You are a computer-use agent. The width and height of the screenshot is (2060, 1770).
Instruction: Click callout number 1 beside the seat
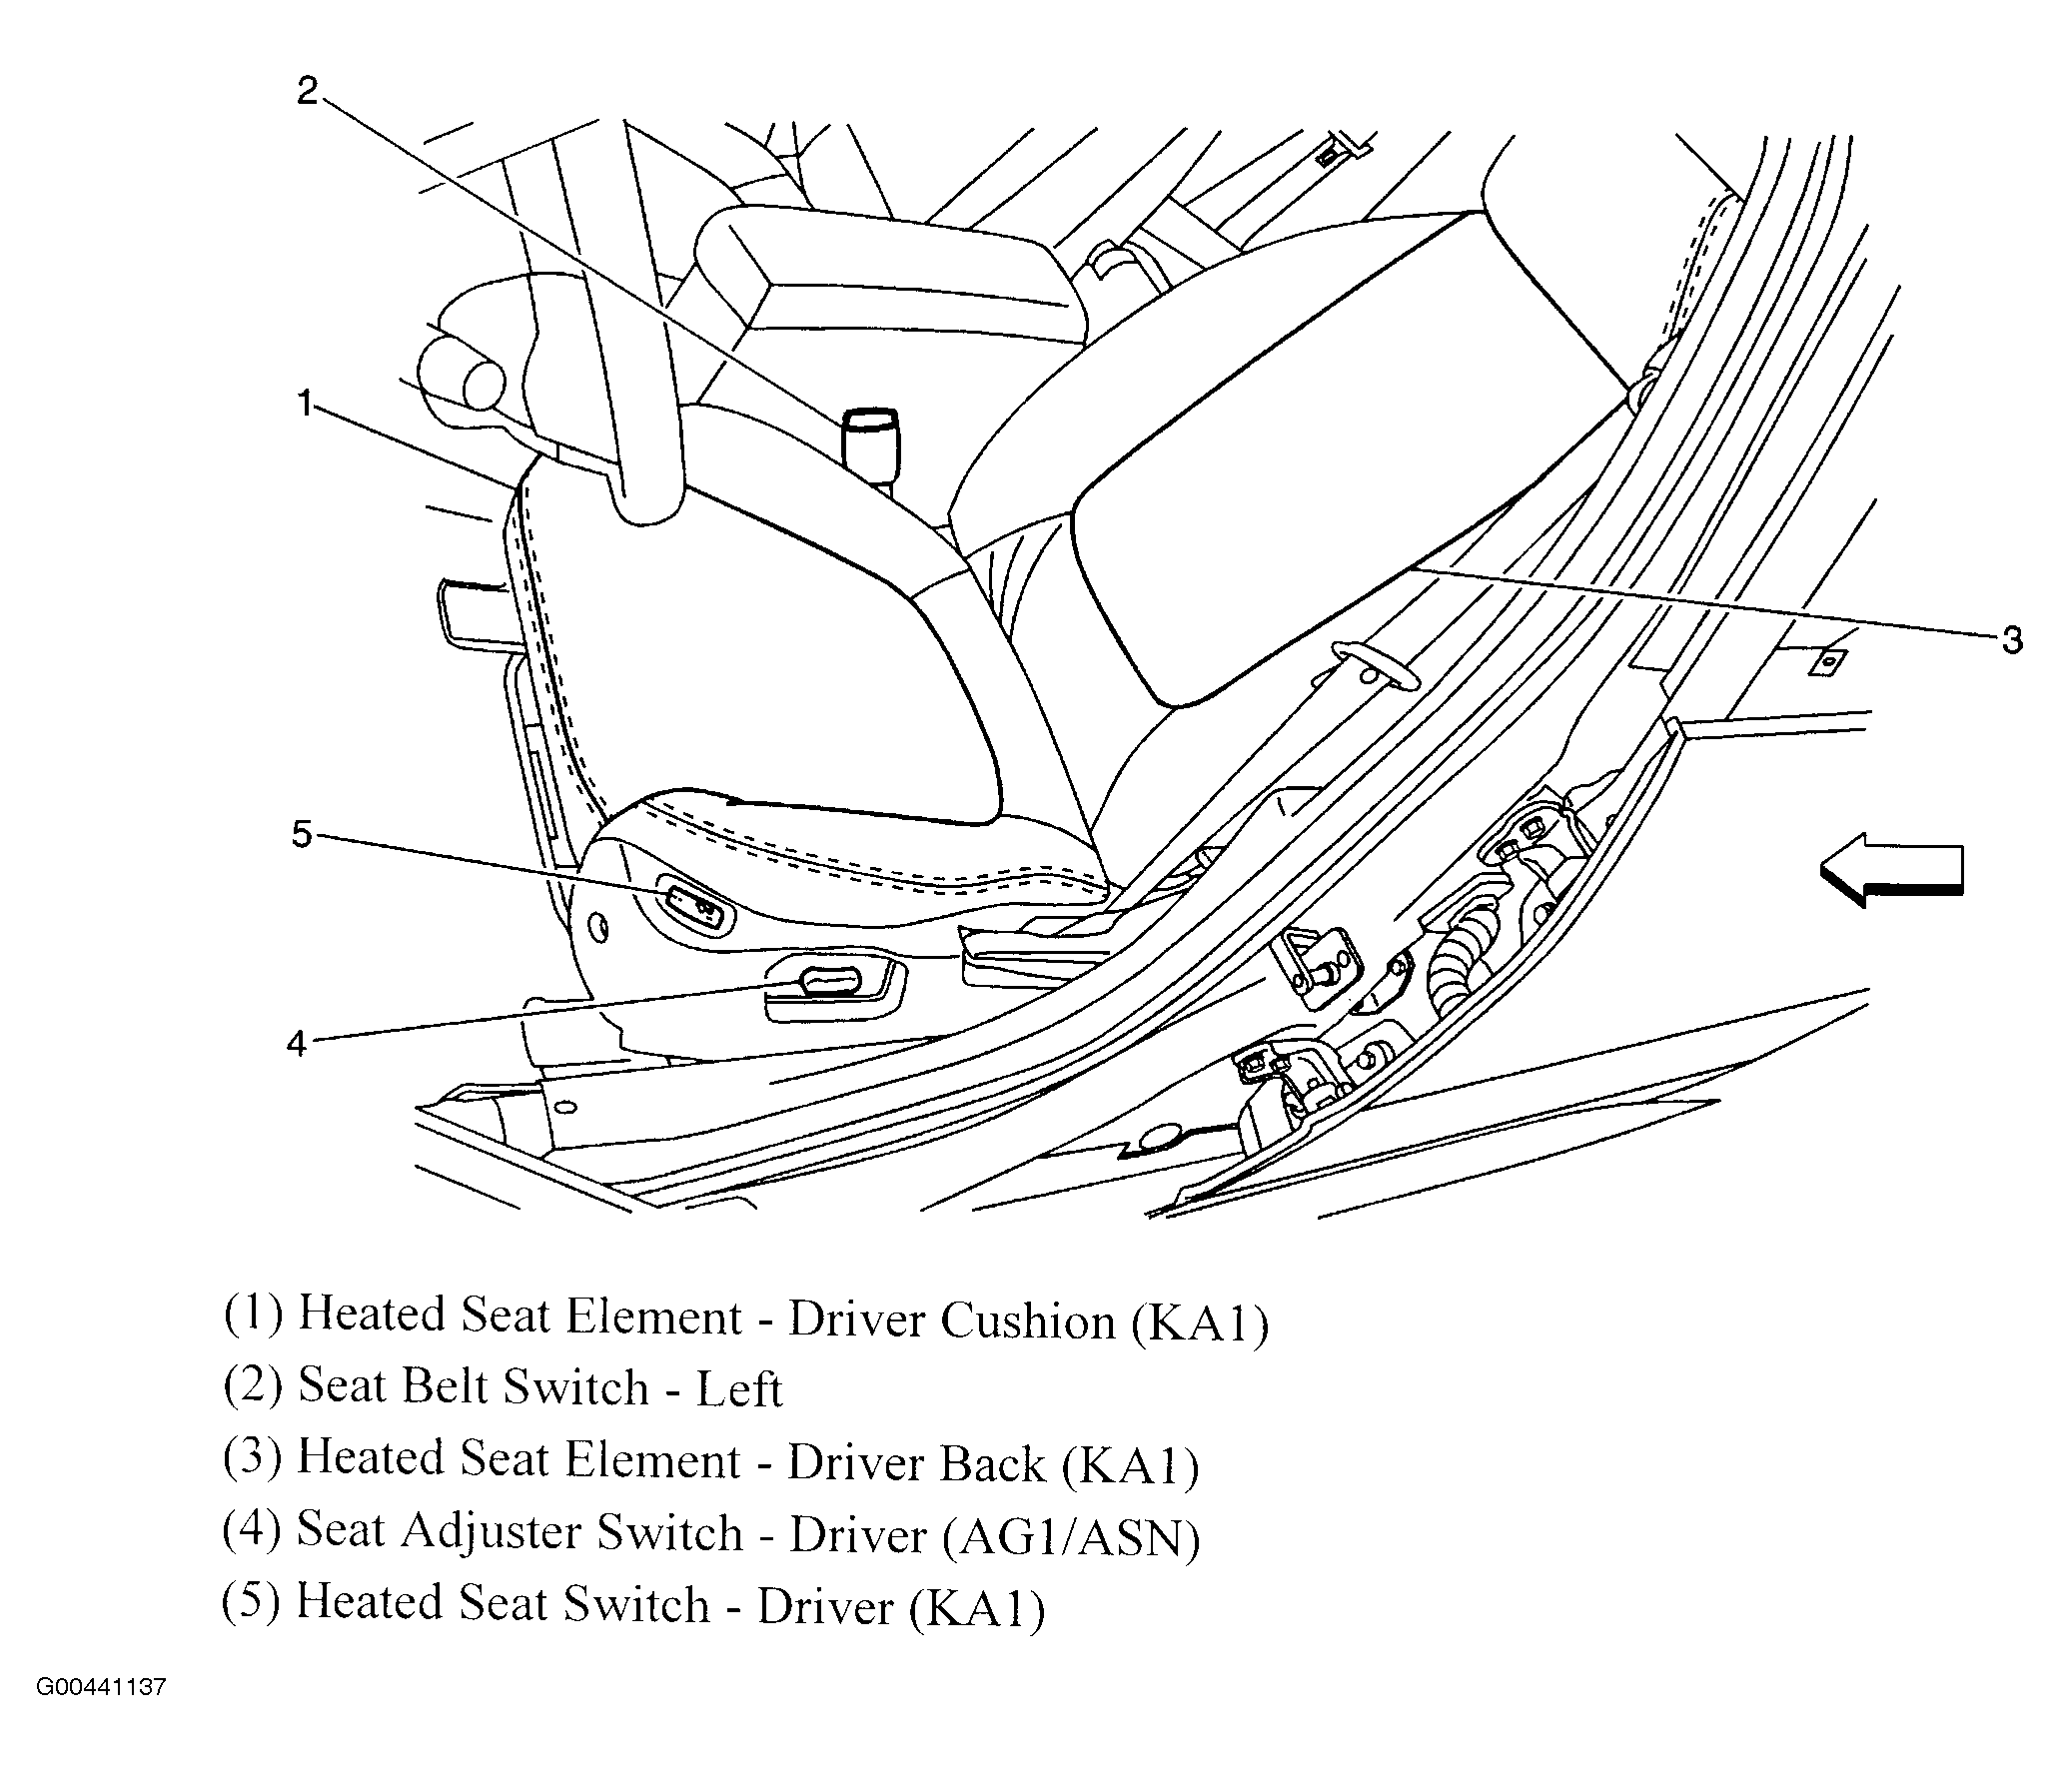(x=305, y=405)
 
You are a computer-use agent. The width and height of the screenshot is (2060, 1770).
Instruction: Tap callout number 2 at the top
(x=307, y=91)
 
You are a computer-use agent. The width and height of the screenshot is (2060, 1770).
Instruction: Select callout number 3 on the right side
(x=2012, y=640)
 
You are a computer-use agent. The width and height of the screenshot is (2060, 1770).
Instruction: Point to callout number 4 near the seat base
(x=297, y=1044)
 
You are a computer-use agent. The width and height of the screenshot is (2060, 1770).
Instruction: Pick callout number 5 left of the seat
(x=302, y=834)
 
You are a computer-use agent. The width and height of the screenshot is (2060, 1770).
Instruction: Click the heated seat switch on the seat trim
(x=692, y=904)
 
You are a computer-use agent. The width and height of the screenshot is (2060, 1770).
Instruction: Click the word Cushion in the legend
(x=1027, y=1323)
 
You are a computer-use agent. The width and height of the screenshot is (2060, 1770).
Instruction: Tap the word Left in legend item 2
(x=738, y=1390)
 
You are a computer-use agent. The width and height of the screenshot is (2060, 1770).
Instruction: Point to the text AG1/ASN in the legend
(x=1070, y=1537)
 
